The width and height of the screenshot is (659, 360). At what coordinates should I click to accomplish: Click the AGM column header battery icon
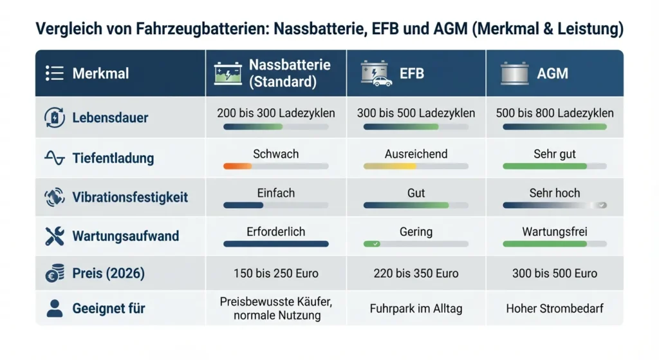coord(515,73)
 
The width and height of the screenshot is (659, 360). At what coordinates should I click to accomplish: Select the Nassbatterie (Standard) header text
coord(290,73)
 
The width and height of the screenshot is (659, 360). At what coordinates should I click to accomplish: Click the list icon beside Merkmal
coord(55,73)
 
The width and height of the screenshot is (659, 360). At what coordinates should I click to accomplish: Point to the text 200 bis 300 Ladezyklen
coord(276,113)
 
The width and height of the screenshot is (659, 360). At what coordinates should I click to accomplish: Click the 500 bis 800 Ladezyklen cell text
coord(555,113)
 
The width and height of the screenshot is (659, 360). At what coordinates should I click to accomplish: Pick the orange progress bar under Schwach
coord(237,166)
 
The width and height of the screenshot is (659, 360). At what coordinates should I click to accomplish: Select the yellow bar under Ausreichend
coord(390,166)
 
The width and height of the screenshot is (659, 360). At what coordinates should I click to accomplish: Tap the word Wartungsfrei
coord(554,231)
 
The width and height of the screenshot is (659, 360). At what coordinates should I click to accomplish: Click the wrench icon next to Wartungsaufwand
coord(55,236)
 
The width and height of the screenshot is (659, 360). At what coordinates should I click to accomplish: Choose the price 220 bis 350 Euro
coord(416,273)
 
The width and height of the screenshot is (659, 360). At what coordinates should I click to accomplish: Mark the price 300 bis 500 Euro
coord(555,273)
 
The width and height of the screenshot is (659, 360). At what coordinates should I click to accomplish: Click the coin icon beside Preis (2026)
coord(55,274)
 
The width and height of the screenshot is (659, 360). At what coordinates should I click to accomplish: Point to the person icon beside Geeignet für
coord(55,308)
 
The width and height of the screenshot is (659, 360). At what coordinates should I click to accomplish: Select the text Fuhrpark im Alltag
coord(416,308)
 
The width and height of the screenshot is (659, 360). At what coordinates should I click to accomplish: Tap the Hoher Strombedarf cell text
coord(555,308)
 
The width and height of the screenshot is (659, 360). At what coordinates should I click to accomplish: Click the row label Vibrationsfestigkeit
coord(130,197)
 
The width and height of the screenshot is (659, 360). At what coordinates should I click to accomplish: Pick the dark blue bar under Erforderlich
coord(275,244)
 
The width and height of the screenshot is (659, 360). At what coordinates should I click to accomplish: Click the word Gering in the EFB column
coord(416,231)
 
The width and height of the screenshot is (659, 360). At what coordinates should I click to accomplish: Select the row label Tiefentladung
coord(113,158)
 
